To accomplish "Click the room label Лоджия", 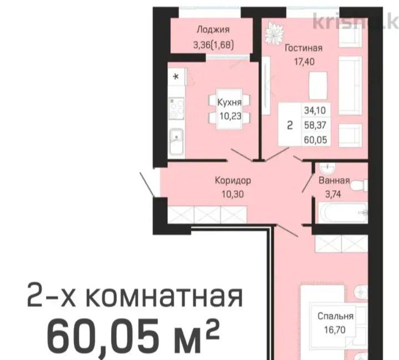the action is point(213,30).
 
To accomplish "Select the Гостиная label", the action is point(304,48).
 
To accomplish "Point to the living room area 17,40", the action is point(304,62).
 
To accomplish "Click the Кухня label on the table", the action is point(229,103).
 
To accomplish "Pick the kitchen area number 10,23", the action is point(231,116).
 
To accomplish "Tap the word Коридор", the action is point(233,180).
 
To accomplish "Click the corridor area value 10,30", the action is point(233,194).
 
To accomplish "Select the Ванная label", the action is point(334,181).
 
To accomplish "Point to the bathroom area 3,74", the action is point(333,194).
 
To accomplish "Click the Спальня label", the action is point(335,316).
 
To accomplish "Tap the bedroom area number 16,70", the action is point(335,330).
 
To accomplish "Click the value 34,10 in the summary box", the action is point(315,110).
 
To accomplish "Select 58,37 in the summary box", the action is point(315,125).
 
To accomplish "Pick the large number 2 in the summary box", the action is point(290,125).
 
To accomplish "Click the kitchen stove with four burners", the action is point(177,108).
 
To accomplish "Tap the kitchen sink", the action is point(176,141).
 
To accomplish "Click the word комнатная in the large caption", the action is point(164,297).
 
